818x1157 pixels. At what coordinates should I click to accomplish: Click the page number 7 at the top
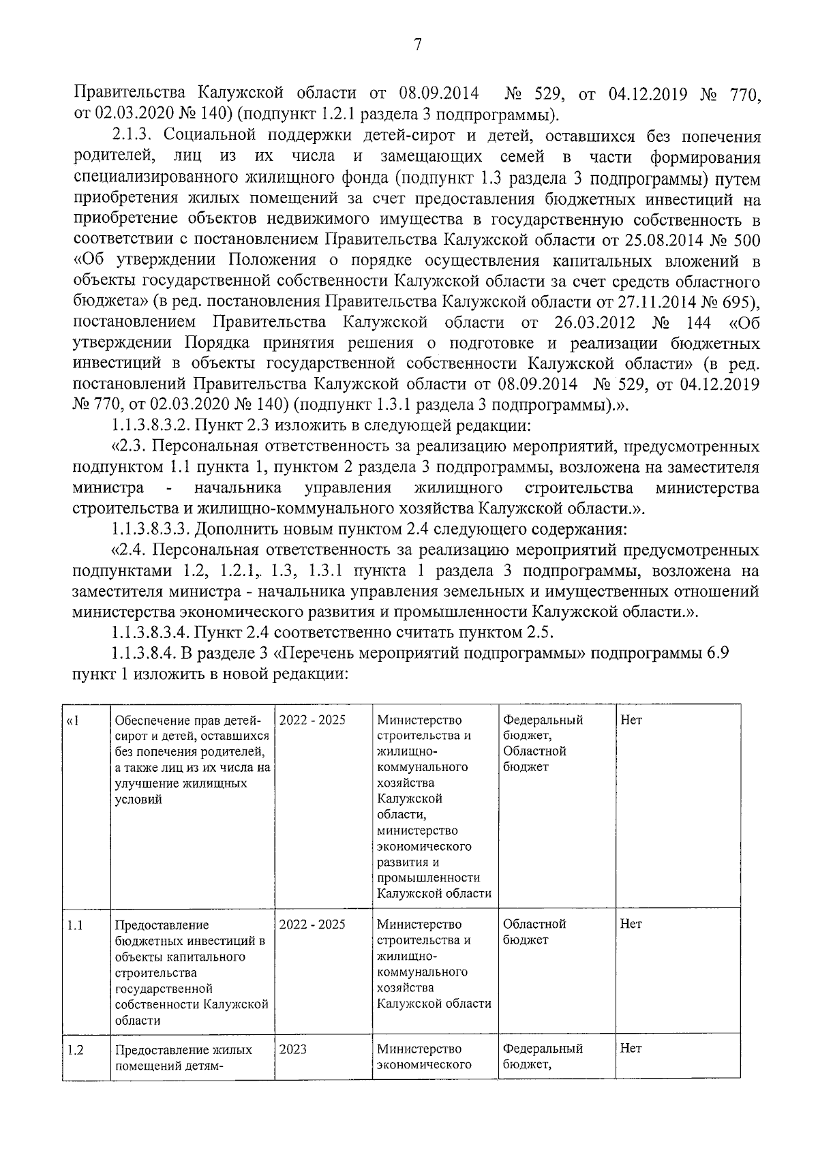coord(418,45)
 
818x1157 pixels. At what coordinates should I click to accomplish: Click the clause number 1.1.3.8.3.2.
coord(150,427)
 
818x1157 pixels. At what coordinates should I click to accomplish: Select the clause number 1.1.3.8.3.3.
coord(150,529)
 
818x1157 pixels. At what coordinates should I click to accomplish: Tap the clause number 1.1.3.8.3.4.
coord(150,632)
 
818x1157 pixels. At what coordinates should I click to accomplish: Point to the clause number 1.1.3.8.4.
coord(144,653)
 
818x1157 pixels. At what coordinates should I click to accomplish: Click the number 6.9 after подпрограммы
coord(717,653)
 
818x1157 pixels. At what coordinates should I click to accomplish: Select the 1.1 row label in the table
coord(75,925)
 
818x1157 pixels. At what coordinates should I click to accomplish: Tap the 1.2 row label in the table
coord(75,1049)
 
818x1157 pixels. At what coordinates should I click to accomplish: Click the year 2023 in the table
coord(292,1049)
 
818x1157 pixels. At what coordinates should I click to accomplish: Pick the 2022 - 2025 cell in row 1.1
coord(312,925)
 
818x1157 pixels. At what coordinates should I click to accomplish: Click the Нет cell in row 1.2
coord(631,1049)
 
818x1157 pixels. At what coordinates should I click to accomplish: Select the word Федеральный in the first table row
coord(543,721)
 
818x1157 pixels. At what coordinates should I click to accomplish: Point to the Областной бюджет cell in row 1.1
coord(534,932)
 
